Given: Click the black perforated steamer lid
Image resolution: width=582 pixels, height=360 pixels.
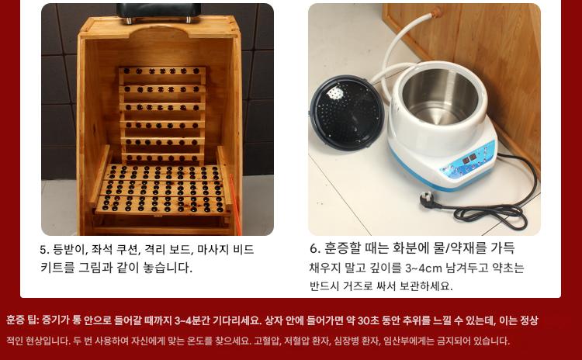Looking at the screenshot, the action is point(346,112).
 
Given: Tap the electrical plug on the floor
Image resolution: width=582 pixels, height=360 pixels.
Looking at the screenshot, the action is point(429,200).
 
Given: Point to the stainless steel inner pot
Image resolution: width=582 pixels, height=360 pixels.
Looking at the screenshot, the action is point(440,95).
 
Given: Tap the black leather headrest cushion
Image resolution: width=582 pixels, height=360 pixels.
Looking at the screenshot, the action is point(159,11).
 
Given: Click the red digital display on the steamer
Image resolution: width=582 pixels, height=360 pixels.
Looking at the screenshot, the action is point(469,159).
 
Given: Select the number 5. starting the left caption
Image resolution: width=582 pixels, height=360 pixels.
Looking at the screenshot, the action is point(44,250).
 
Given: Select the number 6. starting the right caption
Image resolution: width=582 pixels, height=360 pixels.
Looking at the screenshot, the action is point(315,248).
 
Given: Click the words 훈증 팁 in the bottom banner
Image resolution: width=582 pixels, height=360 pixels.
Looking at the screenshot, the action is point(22,320).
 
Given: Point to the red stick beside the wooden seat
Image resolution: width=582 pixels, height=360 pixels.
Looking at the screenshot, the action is point(235,204).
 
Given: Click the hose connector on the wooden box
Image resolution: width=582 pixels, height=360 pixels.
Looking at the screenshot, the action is point(436,12).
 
